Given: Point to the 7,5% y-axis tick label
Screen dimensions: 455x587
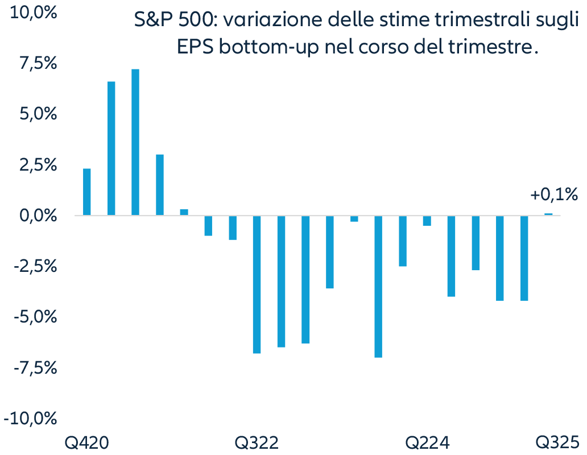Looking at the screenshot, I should tap(36, 64).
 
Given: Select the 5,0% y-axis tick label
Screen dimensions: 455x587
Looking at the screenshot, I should tap(36, 114).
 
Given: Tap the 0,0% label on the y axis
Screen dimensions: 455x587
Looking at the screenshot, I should tap(36, 216).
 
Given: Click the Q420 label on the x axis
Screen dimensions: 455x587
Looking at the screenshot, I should tap(86, 442).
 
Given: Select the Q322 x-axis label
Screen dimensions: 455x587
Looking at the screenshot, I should tap(257, 442).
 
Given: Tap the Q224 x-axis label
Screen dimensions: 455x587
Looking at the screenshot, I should tap(427, 442).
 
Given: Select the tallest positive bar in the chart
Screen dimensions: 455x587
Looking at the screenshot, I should tap(135, 142).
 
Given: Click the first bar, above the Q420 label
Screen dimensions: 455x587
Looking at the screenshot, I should tap(87, 192).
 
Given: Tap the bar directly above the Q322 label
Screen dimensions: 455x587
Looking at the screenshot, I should tap(257, 284).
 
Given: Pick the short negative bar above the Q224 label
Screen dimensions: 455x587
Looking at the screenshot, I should tap(427, 221).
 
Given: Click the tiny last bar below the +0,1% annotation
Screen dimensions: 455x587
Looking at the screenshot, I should tap(548, 214).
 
